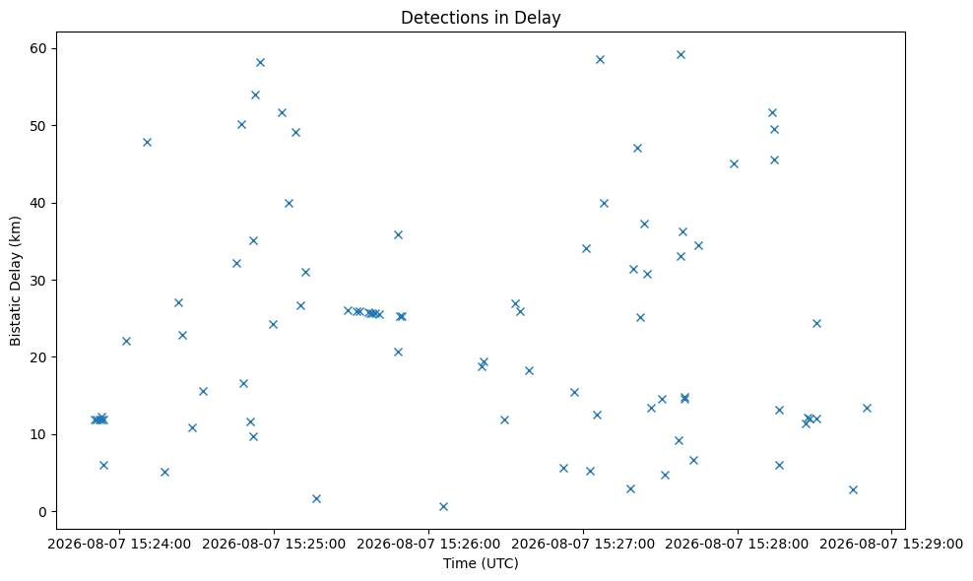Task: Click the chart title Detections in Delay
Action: pos(481,18)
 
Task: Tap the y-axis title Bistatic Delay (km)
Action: pos(15,281)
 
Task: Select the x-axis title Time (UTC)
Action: pos(481,563)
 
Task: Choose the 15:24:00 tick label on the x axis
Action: pos(119,545)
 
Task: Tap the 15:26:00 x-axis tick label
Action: pos(428,545)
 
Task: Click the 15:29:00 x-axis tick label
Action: pos(891,545)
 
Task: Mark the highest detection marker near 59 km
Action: pos(681,54)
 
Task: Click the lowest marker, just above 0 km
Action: pos(443,506)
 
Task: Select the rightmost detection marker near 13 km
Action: pos(867,408)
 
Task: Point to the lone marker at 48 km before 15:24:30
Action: pos(147,142)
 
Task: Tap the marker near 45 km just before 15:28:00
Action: pos(734,163)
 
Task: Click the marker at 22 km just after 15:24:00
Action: pos(126,341)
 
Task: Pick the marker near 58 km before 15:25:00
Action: pos(260,62)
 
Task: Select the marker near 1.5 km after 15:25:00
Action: pos(316,498)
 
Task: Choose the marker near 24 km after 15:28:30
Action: pos(816,323)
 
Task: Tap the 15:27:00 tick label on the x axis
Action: pos(583,545)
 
